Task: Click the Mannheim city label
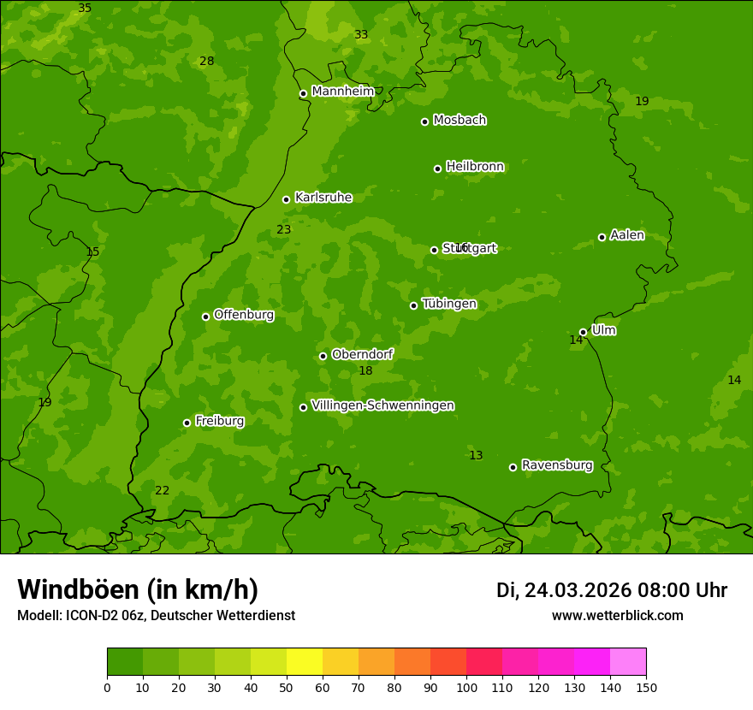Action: point(343,92)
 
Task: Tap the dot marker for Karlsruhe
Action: point(286,199)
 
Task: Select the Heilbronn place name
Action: point(475,167)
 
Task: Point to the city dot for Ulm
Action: point(583,332)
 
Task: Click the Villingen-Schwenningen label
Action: point(382,405)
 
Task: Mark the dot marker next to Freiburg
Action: point(187,423)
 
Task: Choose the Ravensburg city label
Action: point(557,465)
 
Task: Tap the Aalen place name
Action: point(627,235)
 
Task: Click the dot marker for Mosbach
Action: point(424,121)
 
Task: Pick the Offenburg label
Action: point(244,315)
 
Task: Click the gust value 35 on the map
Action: point(85,9)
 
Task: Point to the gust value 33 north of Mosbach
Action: point(361,35)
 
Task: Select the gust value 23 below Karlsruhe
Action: point(284,230)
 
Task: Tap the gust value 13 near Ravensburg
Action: point(476,456)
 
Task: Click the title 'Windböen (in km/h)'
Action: point(138,589)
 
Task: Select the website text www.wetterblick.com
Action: point(617,616)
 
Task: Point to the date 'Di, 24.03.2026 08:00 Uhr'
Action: point(611,590)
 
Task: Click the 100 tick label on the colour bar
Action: point(466,688)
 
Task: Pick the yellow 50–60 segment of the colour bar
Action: point(305,662)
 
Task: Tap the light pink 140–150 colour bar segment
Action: point(628,662)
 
